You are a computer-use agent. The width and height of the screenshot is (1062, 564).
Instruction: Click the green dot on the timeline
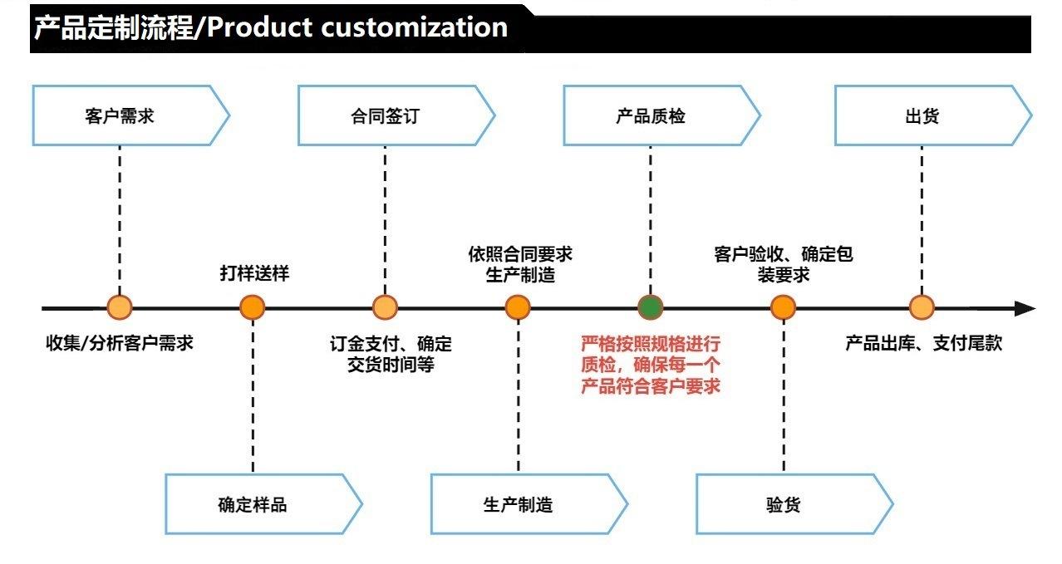coord(650,307)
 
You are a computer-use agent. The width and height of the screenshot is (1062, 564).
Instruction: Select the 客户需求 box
coord(130,115)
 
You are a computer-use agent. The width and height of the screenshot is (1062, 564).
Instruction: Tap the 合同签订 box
coord(396,115)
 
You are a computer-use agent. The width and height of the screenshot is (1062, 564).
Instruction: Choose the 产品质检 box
coord(661,115)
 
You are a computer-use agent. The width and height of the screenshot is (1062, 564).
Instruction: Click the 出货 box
coord(933,115)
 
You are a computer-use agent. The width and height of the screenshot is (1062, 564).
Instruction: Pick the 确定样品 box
coord(263,504)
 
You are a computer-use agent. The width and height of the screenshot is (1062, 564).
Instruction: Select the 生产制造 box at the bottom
coord(529,504)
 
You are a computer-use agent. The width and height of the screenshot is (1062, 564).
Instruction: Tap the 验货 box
coord(794,504)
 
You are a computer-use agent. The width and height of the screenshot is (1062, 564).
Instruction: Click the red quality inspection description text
coord(651,365)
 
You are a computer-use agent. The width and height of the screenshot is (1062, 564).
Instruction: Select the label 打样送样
coord(254,273)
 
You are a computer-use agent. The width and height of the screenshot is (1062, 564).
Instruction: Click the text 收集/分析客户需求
coord(120,343)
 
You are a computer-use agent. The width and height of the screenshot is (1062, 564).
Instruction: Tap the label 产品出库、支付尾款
coord(923,343)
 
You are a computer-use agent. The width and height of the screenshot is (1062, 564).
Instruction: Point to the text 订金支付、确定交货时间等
coord(391,354)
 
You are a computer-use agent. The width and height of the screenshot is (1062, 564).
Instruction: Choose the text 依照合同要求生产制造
coord(520,264)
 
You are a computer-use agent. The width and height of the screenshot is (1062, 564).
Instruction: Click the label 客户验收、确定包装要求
coord(784,264)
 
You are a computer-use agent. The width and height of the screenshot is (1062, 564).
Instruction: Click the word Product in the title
coord(260,27)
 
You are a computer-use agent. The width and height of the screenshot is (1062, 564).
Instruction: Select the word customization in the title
coord(415,27)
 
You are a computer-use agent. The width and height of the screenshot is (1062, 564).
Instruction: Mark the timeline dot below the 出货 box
coord(922,307)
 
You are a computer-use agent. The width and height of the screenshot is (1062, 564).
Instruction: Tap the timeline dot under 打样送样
coord(253,307)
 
